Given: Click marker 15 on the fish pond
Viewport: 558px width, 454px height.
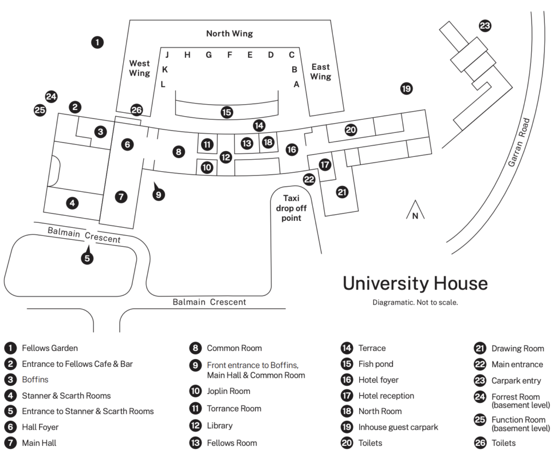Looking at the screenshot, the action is [227, 112].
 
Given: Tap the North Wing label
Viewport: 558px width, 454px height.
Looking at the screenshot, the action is [229, 33].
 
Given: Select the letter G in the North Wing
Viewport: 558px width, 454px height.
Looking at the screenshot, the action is [209, 55].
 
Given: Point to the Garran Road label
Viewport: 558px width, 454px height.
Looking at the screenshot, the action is [519, 142].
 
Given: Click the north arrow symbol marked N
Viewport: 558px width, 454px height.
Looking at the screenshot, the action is [415, 210].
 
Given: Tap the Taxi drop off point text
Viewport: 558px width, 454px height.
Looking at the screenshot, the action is [291, 208].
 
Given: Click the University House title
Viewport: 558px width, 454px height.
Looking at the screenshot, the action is [415, 283].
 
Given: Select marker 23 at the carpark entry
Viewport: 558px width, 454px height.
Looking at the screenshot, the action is [484, 26].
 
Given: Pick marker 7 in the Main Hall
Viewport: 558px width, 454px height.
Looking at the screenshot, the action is [121, 197].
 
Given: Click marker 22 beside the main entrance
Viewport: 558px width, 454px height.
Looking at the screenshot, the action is [309, 179].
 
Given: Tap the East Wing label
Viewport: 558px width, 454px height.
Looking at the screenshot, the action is [320, 71].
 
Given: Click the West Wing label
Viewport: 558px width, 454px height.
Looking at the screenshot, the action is [139, 68].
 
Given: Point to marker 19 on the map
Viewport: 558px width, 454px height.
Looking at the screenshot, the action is [407, 88].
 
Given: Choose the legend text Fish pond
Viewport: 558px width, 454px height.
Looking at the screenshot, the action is [376, 364].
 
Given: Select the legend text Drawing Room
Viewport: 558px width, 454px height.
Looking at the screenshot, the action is [518, 349].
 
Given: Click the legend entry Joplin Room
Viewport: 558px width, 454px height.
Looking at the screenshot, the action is [228, 391].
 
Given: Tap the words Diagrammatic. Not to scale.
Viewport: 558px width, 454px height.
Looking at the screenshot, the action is [415, 302].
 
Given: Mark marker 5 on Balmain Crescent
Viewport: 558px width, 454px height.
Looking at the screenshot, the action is [87, 258].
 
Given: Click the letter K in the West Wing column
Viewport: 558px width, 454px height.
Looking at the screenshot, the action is [165, 69].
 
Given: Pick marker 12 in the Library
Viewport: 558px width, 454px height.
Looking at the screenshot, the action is [226, 157].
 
